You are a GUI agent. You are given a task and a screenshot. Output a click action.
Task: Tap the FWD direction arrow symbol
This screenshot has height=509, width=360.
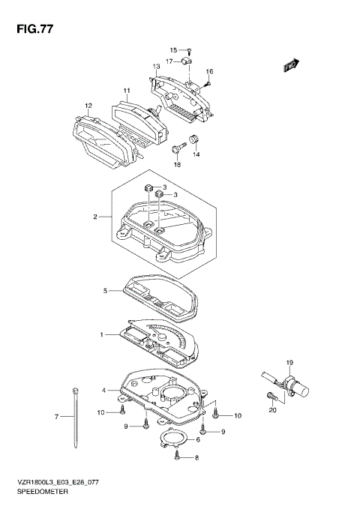(291, 66)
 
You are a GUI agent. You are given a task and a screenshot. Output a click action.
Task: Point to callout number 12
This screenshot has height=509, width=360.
(88, 105)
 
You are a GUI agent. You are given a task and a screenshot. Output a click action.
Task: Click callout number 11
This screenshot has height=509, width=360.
(127, 91)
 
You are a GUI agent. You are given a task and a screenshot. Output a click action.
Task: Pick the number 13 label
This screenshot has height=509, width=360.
(157, 67)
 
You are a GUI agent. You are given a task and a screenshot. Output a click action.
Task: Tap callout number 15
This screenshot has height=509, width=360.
(172, 49)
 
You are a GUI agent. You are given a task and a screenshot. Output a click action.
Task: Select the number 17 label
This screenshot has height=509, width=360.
(170, 61)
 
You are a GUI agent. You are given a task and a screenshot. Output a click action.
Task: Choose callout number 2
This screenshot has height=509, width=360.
(97, 217)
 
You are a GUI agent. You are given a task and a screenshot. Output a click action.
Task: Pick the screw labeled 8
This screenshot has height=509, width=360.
(176, 455)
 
